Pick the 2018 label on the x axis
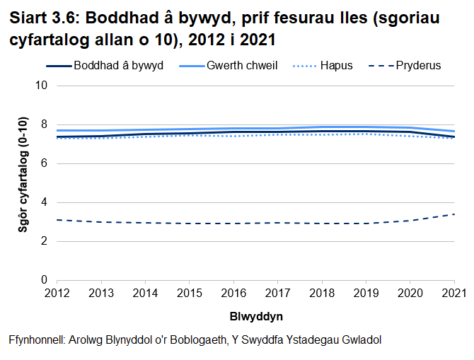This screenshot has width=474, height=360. [321, 293]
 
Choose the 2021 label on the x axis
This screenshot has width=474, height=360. [453, 293]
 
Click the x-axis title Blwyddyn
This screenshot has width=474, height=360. [255, 315]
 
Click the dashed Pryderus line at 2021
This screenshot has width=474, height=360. [453, 214]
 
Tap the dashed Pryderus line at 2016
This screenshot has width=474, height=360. [233, 223]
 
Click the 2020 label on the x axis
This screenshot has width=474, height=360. [410, 293]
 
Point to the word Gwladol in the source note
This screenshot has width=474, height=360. [362, 339]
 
